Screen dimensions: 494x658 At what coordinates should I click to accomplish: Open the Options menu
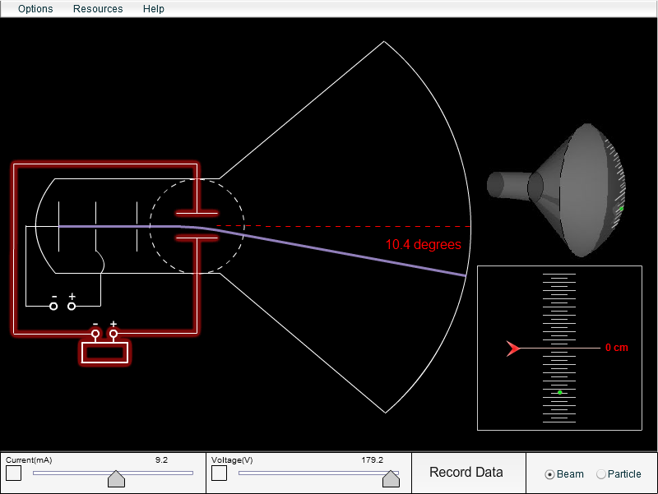(x=35, y=9)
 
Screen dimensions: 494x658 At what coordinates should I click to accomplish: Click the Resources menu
(x=98, y=9)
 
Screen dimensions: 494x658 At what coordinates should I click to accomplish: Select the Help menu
(x=153, y=9)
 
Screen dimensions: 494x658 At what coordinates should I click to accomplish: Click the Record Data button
(x=466, y=472)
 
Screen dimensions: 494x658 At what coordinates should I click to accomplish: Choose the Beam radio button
(x=550, y=474)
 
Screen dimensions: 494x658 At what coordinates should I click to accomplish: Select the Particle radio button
(x=600, y=474)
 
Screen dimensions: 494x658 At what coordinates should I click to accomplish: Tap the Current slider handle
(x=117, y=478)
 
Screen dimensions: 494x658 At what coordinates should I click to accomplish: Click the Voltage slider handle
(x=391, y=478)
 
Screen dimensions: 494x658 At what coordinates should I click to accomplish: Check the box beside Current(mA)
(x=14, y=473)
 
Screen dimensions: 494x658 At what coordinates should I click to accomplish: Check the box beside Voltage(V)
(x=220, y=473)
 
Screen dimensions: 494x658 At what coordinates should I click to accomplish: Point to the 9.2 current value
(x=161, y=460)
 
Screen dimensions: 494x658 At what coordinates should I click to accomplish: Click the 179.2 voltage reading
(x=372, y=460)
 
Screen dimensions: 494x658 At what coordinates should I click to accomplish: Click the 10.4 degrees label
(x=423, y=245)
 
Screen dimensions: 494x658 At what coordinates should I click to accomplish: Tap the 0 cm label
(x=616, y=348)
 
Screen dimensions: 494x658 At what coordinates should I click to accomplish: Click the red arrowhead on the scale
(x=514, y=349)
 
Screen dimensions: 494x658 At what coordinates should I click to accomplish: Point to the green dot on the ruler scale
(x=560, y=392)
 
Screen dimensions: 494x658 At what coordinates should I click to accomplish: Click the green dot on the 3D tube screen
(x=621, y=208)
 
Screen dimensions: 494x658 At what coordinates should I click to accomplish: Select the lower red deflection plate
(x=197, y=238)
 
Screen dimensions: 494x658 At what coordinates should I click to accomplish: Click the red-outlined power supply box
(x=104, y=353)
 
